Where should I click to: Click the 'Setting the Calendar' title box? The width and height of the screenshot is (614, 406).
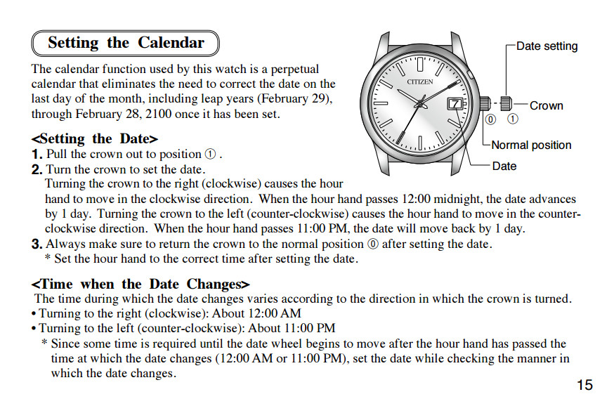pyautogui.click(x=126, y=43)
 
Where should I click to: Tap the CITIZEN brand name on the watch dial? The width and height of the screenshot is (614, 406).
pyautogui.click(x=420, y=81)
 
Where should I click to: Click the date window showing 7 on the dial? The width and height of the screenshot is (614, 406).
pyautogui.click(x=455, y=103)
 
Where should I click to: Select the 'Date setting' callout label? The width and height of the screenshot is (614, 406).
pyautogui.click(x=547, y=46)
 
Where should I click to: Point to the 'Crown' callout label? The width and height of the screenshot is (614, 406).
pyautogui.click(x=546, y=106)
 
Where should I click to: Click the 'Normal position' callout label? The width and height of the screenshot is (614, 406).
pyautogui.click(x=531, y=145)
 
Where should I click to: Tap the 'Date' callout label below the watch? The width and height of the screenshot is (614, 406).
pyautogui.click(x=504, y=166)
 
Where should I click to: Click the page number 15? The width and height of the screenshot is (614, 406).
pyautogui.click(x=584, y=385)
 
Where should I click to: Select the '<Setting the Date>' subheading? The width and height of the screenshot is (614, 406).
pyautogui.click(x=95, y=138)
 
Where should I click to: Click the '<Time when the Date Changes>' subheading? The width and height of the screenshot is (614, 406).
pyautogui.click(x=141, y=284)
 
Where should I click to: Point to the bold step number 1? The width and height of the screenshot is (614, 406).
pyautogui.click(x=37, y=154)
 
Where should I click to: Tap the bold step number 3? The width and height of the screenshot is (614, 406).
pyautogui.click(x=37, y=244)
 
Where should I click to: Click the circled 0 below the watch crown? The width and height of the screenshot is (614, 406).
pyautogui.click(x=490, y=119)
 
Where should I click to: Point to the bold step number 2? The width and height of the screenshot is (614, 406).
pyautogui.click(x=37, y=169)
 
